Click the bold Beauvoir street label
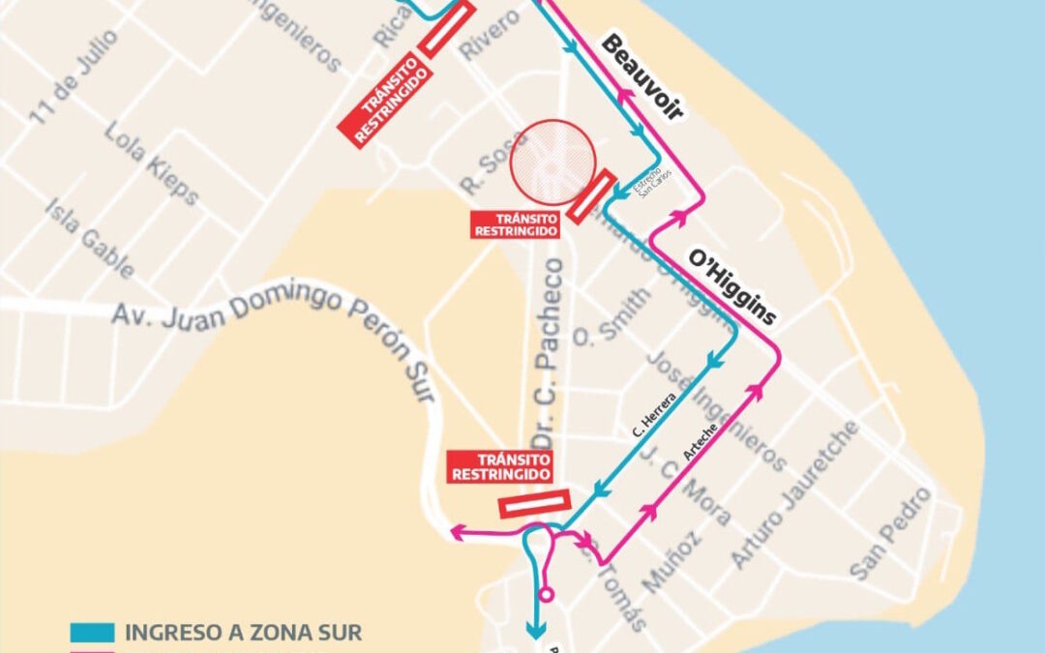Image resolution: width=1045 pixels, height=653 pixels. pos(642,77)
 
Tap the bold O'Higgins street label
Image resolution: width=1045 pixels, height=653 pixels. pos(731,287)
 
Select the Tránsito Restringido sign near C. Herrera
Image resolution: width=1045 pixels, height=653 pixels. pos(501,466)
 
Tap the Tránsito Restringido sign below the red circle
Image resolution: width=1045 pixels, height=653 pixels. pos(515,225)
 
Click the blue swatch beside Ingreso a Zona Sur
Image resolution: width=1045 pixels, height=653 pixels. pos(92,634)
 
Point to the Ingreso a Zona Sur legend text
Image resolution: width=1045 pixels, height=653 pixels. pos(243,634)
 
